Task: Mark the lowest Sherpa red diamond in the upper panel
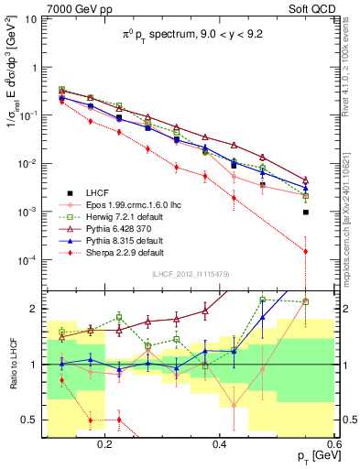coord(306,251)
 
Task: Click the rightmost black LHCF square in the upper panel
coord(306,212)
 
